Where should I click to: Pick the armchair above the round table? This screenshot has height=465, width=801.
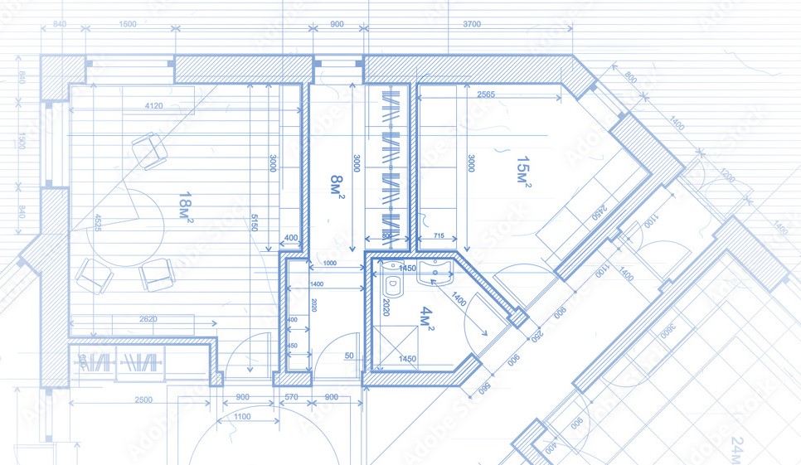(149, 150)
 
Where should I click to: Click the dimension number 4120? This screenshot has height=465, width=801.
(153, 106)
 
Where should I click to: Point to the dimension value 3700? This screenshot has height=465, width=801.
(470, 25)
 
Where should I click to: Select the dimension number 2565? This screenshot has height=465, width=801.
(487, 95)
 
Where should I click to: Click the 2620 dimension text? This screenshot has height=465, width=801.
(148, 319)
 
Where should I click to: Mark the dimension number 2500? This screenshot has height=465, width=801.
(143, 400)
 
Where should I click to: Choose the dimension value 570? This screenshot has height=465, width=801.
(291, 397)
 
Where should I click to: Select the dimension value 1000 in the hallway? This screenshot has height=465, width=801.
(329, 264)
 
